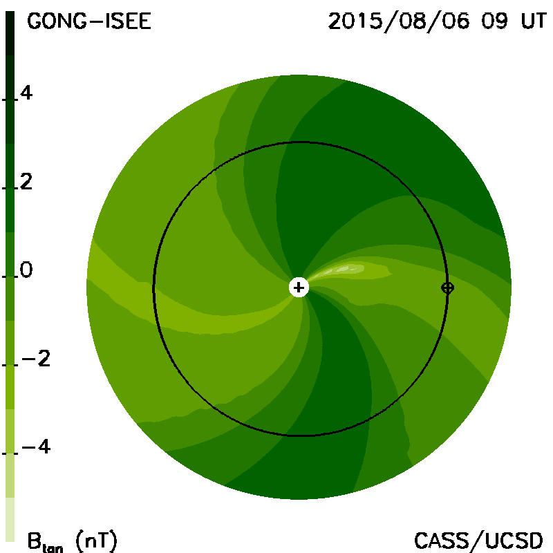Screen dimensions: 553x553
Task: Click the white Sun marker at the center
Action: (x=299, y=288)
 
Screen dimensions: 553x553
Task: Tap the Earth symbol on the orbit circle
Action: (x=447, y=288)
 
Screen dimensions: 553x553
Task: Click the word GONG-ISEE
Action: (x=89, y=21)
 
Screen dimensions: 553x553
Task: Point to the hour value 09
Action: (x=494, y=21)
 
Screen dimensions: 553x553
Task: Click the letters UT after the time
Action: (x=534, y=21)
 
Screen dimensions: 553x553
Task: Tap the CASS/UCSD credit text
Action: (x=478, y=541)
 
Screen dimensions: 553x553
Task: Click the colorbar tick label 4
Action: (x=26, y=93)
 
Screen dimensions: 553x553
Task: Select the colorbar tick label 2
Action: (x=26, y=182)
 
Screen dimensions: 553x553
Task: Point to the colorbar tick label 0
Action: (x=26, y=270)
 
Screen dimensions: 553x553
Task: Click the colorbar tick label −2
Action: (x=36, y=359)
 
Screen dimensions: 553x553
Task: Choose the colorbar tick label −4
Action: (x=36, y=447)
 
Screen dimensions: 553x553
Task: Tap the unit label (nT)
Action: (x=96, y=541)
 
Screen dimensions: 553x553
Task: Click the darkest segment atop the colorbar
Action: (x=10, y=33)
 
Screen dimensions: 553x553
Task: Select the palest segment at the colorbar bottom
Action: (x=10, y=519)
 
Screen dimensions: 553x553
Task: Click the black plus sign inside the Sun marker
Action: (x=299, y=288)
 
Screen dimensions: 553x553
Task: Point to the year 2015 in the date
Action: (x=355, y=21)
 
